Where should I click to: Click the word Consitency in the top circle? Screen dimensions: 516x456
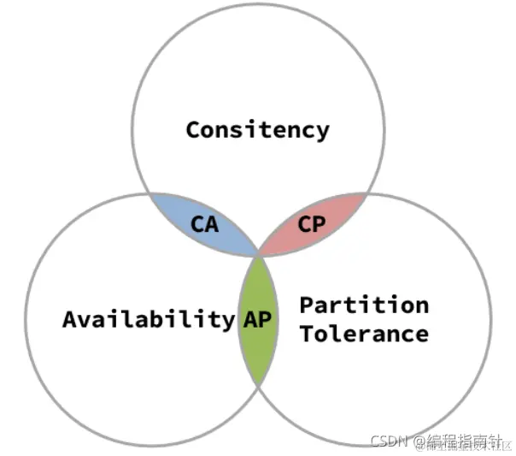pyautogui.click(x=257, y=129)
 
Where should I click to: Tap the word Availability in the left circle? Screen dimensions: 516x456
pyautogui.click(x=148, y=319)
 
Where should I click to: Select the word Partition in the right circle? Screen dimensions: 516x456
pyautogui.click(x=364, y=305)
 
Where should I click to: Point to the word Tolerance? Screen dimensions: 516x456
pyautogui.click(x=364, y=333)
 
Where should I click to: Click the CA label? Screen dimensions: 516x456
pyautogui.click(x=203, y=224)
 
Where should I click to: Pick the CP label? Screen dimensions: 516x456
pyautogui.click(x=311, y=224)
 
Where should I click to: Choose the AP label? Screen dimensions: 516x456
pyautogui.click(x=257, y=319)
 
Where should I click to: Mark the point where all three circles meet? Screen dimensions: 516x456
pyautogui.click(x=258, y=254)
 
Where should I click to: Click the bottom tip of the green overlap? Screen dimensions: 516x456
pyautogui.click(x=258, y=385)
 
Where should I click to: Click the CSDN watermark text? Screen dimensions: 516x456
pyautogui.click(x=389, y=440)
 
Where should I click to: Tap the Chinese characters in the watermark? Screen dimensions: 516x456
pyautogui.click(x=461, y=440)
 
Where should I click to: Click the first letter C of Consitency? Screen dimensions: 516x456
pyautogui.click(x=193, y=129)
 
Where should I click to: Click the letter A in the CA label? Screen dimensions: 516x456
pyautogui.click(x=210, y=224)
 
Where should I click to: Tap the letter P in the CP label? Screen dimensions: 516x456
pyautogui.click(x=318, y=224)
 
